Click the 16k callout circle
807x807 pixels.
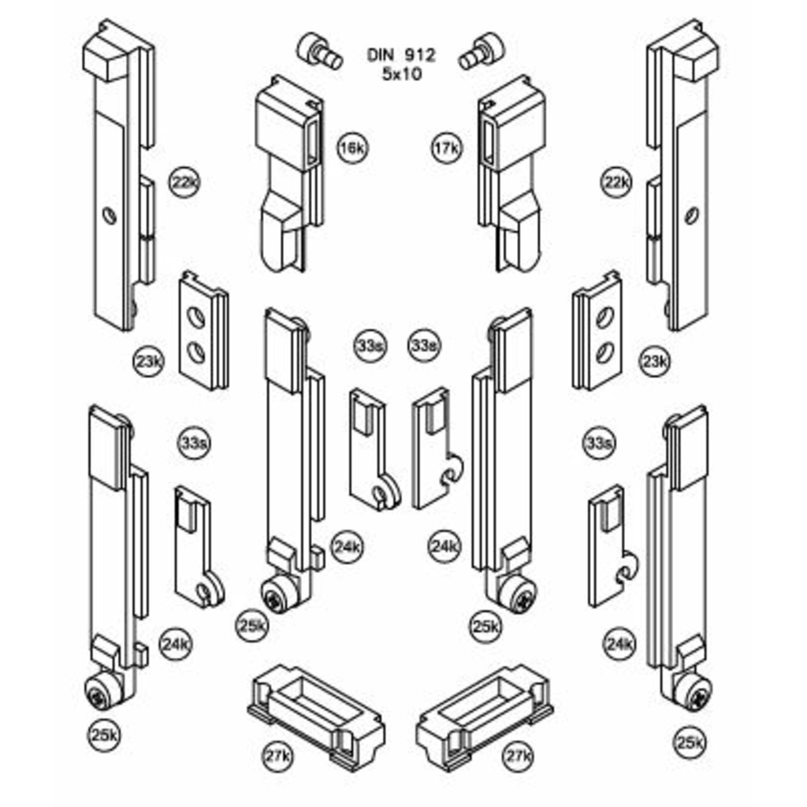tap(352, 148)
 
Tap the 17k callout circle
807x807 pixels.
tap(445, 148)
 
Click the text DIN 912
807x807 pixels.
tap(400, 55)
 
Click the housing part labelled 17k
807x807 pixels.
tap(512, 173)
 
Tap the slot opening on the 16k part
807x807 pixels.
tap(314, 142)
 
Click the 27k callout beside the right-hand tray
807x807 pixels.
tap(517, 757)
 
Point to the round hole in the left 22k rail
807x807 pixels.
tap(110, 215)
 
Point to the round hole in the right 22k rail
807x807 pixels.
tap(691, 215)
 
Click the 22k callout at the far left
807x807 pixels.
tap(184, 183)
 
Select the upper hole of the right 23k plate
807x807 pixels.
tap(605, 318)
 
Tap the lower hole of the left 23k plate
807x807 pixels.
tap(196, 352)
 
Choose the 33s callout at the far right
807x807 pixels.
tap(598, 444)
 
